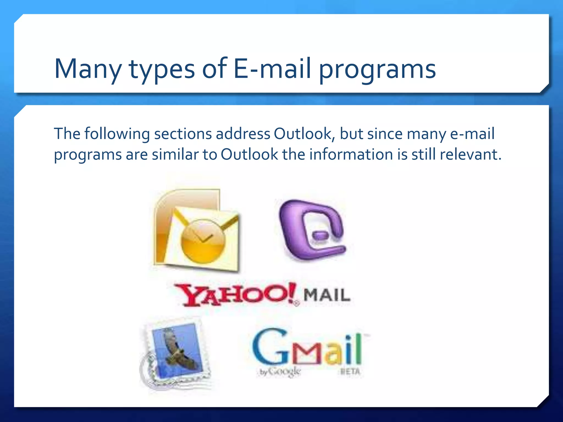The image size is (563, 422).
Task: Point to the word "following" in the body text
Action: pyautogui.click(x=117, y=134)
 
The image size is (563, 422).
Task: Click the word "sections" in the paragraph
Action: pyautogui.click(x=183, y=134)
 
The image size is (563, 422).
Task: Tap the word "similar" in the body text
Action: pyautogui.click(x=175, y=154)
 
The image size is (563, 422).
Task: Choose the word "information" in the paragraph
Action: pyautogui.click(x=351, y=154)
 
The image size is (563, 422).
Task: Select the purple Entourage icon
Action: pyautogui.click(x=312, y=230)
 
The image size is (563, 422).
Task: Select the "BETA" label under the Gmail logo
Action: pyautogui.click(x=350, y=371)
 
